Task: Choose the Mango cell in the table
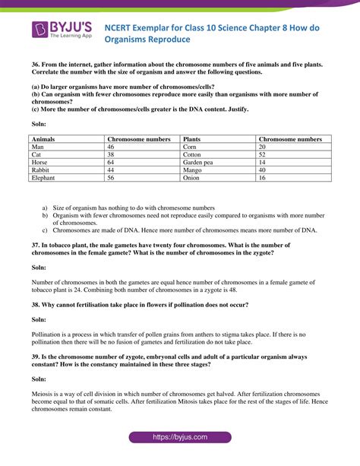(193, 170)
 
